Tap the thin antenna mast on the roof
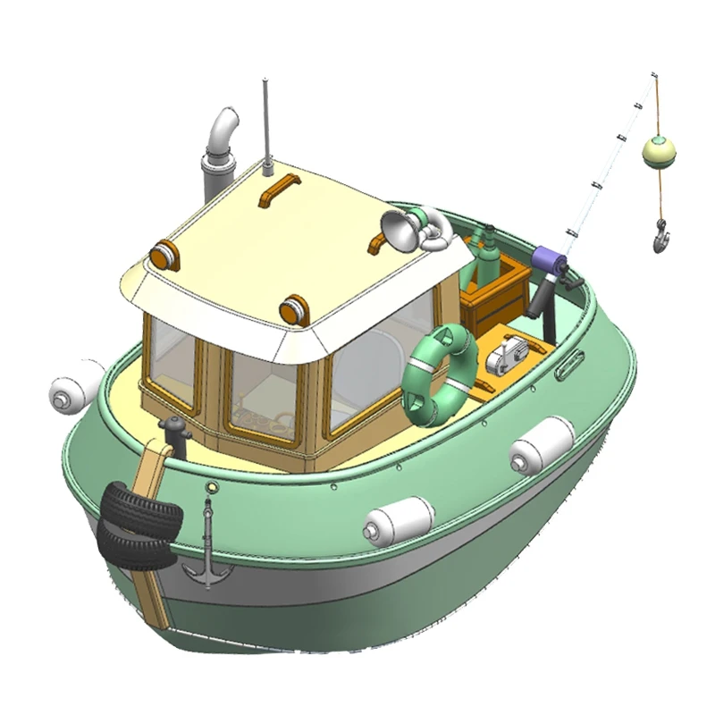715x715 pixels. click(x=265, y=125)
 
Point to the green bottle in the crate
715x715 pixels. click(x=487, y=255)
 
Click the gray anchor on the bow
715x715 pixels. click(x=207, y=554)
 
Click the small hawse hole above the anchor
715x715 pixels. click(x=212, y=487)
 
